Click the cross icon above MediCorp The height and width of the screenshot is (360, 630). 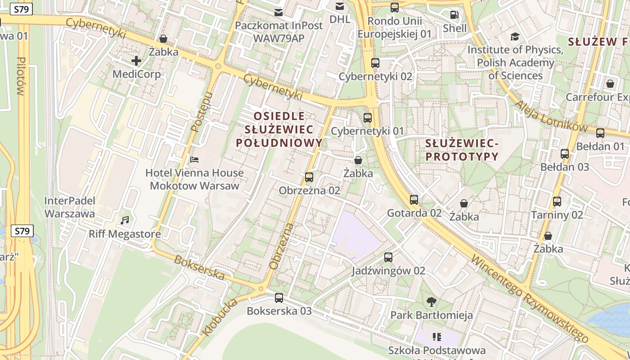pyautogui.click(x=136, y=61)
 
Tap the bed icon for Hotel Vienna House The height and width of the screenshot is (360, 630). pyautogui.click(x=194, y=159)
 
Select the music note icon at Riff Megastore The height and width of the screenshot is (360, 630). pyautogui.click(x=125, y=220)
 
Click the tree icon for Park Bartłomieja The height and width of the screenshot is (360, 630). pyautogui.click(x=432, y=301)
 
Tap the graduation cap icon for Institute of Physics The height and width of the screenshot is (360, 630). pyautogui.click(x=515, y=36)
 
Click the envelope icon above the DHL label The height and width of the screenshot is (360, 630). pyautogui.click(x=340, y=6)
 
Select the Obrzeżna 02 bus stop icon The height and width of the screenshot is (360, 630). pyautogui.click(x=309, y=177)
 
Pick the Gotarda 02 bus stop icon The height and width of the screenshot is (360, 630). pyautogui.click(x=414, y=199)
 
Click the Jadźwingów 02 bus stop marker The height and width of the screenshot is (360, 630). pyautogui.click(x=388, y=257)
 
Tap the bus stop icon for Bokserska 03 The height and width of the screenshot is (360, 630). pyautogui.click(x=279, y=297)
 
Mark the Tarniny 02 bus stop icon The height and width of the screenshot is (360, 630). pyautogui.click(x=557, y=201)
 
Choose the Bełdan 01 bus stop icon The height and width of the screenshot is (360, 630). pyautogui.click(x=600, y=133)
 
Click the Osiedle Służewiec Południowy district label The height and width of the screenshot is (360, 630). pyautogui.click(x=279, y=130)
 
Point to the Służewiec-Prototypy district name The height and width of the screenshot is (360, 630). pyautogui.click(x=462, y=150)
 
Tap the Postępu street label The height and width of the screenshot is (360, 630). pyautogui.click(x=201, y=112)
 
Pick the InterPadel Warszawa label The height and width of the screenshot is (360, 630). pyautogui.click(x=69, y=207)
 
